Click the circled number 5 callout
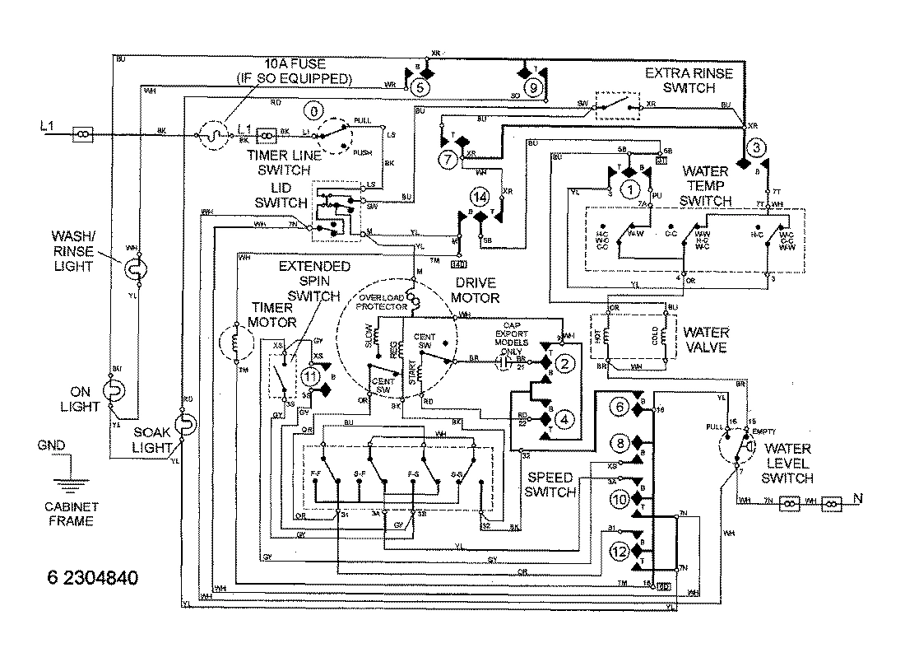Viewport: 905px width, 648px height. click(x=420, y=85)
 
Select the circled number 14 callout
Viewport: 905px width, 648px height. click(x=480, y=197)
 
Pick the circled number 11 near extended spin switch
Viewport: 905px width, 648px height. click(x=310, y=375)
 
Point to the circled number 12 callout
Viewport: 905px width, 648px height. click(x=620, y=551)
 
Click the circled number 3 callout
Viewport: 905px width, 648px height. click(x=759, y=147)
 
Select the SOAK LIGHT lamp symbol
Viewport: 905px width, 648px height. click(x=186, y=426)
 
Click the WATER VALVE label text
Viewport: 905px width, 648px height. click(x=706, y=340)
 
